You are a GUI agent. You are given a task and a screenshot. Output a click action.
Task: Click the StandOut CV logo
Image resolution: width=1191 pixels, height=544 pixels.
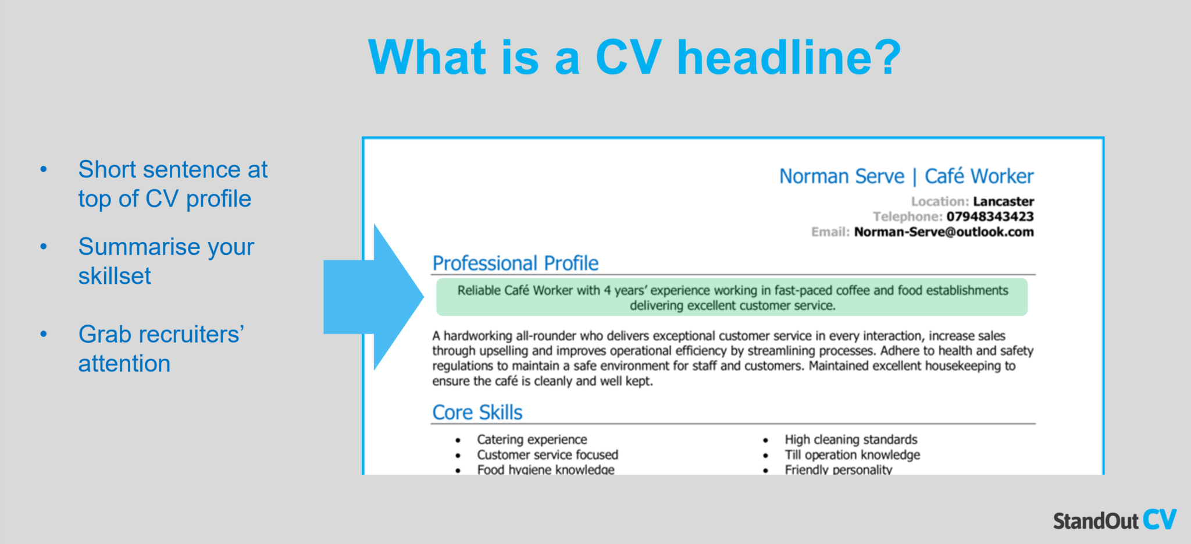[1114, 520]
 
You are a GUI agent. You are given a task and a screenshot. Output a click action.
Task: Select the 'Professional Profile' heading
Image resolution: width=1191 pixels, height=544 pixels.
[515, 264]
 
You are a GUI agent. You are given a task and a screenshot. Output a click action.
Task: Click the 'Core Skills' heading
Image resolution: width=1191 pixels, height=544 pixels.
[477, 413]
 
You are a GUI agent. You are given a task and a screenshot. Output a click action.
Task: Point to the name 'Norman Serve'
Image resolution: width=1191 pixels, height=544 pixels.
[841, 176]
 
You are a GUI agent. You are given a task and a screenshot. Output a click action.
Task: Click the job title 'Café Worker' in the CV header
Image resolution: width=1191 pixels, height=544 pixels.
[979, 176]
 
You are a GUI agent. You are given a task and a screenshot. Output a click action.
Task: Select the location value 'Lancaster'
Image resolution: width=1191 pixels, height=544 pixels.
[1003, 201]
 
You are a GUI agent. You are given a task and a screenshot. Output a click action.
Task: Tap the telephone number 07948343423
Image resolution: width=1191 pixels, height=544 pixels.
[990, 216]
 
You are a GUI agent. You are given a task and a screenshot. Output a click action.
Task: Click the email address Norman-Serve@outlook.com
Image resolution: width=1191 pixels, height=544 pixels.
[944, 232]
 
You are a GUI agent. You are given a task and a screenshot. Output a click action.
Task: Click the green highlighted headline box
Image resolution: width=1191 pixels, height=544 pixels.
[732, 297]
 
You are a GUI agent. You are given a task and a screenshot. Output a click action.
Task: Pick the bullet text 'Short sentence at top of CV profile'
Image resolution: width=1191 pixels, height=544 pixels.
[173, 184]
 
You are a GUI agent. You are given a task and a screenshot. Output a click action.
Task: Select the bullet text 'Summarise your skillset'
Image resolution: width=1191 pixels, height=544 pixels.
[166, 261]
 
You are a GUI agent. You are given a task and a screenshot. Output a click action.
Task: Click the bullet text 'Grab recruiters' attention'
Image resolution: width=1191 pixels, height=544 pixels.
[161, 349]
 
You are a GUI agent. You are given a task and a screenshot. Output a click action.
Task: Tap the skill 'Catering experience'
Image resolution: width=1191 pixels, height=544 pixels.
[532, 439]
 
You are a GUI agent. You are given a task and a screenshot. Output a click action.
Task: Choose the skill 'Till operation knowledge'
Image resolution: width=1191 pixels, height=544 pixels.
[852, 454]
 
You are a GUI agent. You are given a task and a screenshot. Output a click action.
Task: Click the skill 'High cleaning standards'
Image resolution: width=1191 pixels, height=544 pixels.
[851, 439]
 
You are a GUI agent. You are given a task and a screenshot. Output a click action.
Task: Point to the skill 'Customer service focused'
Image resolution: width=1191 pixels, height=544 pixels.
[547, 454]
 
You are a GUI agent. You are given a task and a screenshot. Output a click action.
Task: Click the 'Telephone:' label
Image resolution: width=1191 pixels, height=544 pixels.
[907, 216]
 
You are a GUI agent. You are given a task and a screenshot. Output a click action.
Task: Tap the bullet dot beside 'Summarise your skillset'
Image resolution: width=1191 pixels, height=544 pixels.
[44, 247]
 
